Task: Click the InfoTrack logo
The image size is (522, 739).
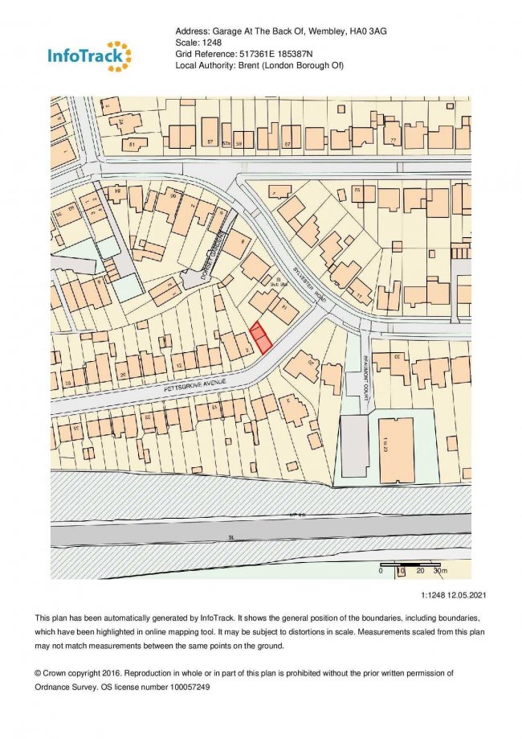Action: point(89,55)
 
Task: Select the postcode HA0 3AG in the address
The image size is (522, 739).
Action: point(361,31)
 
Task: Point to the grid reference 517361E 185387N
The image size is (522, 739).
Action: point(281,54)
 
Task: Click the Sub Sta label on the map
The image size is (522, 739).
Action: point(277,283)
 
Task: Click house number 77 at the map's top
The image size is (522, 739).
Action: point(394,142)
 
